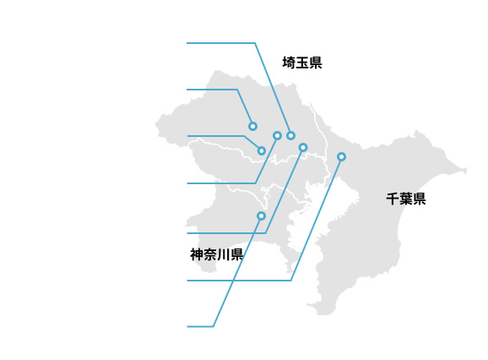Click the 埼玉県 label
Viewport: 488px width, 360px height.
[x=302, y=63]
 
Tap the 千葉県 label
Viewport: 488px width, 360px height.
[x=406, y=199]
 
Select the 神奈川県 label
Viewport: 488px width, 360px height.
[x=217, y=254]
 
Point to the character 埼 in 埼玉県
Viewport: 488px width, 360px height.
[x=289, y=63]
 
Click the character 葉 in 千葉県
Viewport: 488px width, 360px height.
[x=406, y=199]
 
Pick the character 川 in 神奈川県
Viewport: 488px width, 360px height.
[x=224, y=254]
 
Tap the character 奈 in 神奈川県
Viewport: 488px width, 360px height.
[x=210, y=254]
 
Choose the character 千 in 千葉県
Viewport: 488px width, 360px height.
[x=393, y=199]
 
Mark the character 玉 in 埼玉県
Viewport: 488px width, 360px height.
[x=302, y=63]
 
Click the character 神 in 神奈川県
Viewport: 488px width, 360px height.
[x=197, y=254]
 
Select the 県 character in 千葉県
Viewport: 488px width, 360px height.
[x=420, y=199]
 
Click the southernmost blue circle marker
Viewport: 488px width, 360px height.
[x=261, y=215]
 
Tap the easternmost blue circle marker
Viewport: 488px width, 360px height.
[x=341, y=156]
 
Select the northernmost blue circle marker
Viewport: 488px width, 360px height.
[x=252, y=126]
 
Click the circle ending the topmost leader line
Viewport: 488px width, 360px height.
[x=290, y=135]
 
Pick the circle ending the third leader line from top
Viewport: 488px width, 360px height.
[x=262, y=150]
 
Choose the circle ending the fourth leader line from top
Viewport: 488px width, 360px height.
[x=277, y=135]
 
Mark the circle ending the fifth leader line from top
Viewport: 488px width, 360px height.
[x=303, y=147]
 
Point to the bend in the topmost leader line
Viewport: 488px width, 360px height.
[x=255, y=43]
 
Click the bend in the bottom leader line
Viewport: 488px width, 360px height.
[x=214, y=326]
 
